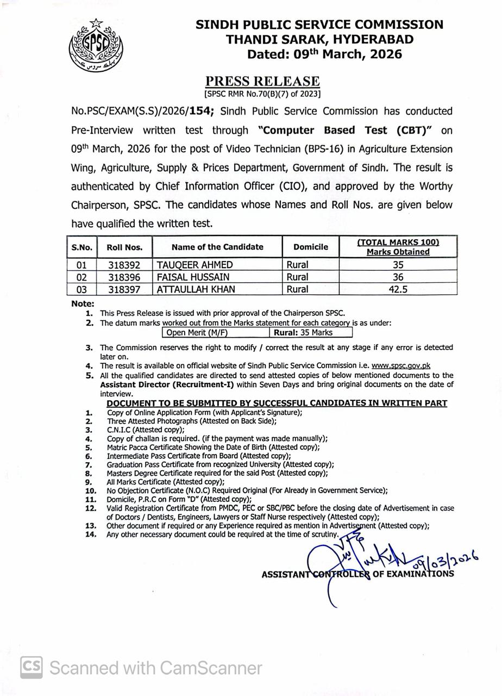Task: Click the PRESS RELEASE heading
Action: pyautogui.click(x=262, y=81)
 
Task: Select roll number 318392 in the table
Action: pyautogui.click(x=124, y=265)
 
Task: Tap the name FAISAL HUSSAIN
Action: pyautogui.click(x=193, y=277)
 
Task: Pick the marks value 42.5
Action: pyautogui.click(x=398, y=289)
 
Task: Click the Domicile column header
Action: pyautogui.click(x=311, y=247)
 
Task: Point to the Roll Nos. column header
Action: pyautogui.click(x=124, y=247)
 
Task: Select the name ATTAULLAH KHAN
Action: pyautogui.click(x=196, y=289)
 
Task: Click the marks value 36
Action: pyautogui.click(x=398, y=277)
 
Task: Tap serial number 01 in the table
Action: pyautogui.click(x=81, y=265)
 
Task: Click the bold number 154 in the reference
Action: pyautogui.click(x=200, y=111)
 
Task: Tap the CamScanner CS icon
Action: pyautogui.click(x=32, y=667)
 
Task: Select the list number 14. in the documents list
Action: pyautogui.click(x=91, y=535)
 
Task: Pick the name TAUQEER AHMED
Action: pyautogui.click(x=194, y=265)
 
